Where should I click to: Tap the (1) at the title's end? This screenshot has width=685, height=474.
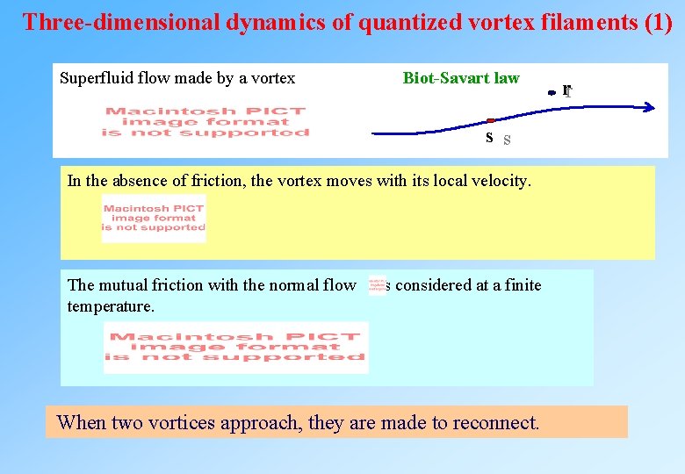658,23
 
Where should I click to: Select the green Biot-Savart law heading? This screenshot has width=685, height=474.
461,78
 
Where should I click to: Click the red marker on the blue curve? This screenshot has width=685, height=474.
491,120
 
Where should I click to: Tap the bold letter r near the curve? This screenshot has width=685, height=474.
566,90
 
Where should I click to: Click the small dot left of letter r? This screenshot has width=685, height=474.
551,92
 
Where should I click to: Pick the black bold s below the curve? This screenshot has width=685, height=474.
489,138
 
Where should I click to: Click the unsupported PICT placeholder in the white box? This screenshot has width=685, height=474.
205,122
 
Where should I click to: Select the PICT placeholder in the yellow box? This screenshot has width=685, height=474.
154,218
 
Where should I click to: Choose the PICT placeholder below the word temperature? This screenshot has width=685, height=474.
236,347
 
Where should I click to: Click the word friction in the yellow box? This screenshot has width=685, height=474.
207,181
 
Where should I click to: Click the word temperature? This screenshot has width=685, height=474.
110,307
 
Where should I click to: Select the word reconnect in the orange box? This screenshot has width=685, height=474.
495,422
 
